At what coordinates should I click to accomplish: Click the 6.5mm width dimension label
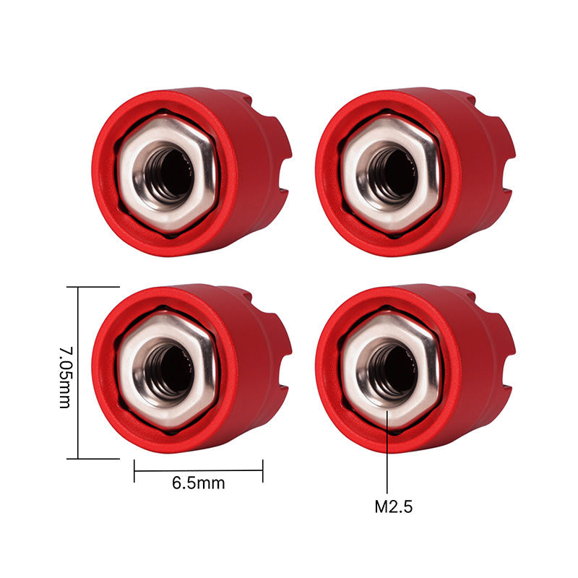tap(198, 483)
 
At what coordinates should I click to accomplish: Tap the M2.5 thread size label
tap(393, 506)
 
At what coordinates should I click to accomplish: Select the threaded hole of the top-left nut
tap(168, 174)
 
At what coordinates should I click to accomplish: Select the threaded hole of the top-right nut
tap(392, 174)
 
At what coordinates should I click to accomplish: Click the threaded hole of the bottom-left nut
tap(168, 371)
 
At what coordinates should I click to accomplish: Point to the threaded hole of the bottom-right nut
tap(392, 371)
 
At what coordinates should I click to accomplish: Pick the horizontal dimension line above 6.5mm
tap(198, 470)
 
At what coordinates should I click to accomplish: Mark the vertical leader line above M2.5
tap(387, 455)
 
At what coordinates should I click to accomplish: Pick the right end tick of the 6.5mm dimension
tap(262, 470)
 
